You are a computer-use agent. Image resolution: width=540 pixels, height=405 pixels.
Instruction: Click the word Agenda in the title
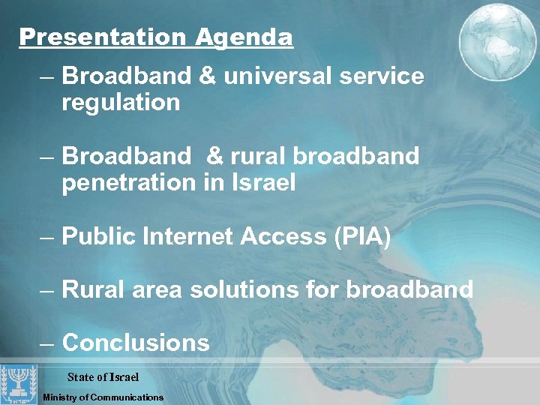244,37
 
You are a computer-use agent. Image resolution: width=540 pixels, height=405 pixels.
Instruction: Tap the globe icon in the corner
497,38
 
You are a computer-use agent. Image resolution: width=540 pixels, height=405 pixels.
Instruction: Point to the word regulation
121,103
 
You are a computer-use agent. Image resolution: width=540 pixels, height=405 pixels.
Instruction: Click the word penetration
130,182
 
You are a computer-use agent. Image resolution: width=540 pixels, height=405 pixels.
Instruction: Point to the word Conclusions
136,343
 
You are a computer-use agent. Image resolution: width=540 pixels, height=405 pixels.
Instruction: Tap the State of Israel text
103,376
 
